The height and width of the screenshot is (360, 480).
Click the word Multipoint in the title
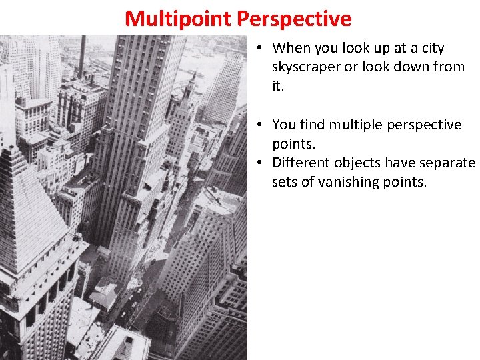coord(177,19)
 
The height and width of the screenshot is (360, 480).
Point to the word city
coord(431,48)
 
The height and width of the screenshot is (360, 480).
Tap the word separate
coord(447,163)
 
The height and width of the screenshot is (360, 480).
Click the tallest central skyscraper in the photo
coord(140,133)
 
